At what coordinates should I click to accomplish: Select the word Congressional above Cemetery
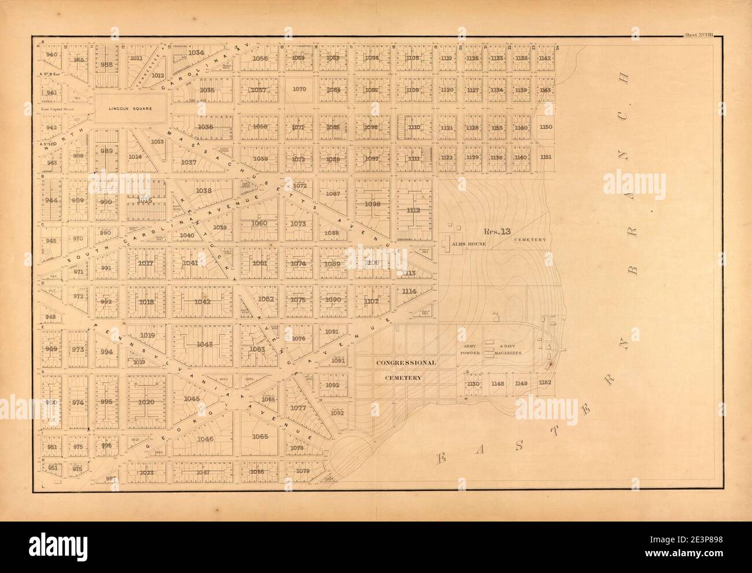[x=405, y=363]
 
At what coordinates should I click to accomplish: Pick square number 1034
[x=196, y=53]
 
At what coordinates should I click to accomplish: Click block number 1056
[x=260, y=58]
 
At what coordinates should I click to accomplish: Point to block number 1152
[x=545, y=383]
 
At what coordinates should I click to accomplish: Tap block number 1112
[x=413, y=210]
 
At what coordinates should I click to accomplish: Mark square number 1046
[x=205, y=439]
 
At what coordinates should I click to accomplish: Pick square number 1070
[x=299, y=89]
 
